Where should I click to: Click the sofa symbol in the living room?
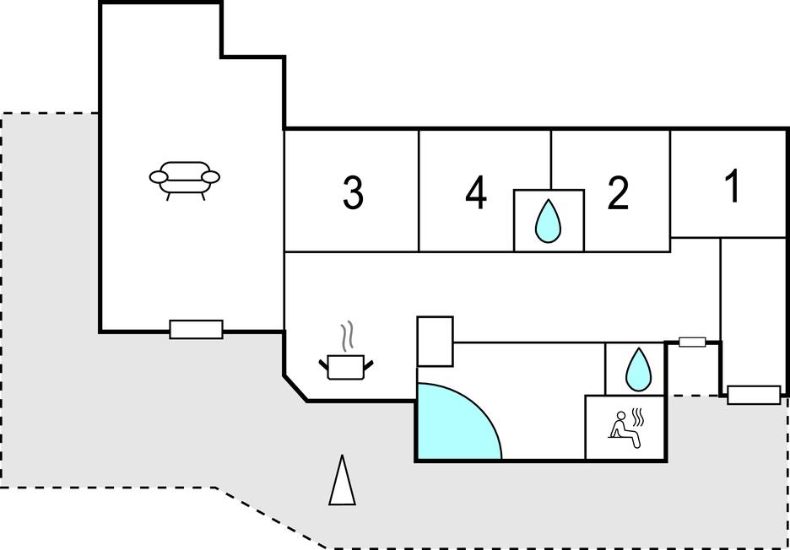184,178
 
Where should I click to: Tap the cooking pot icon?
346,365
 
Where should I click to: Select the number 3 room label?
353,193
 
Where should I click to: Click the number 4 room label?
476,194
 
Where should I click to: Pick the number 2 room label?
619,194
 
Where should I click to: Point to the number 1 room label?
733,186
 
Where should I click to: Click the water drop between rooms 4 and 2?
549,221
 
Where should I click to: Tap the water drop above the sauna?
636,369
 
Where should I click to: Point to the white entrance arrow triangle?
342,482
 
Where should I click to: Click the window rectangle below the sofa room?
196,329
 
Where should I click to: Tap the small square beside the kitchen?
436,341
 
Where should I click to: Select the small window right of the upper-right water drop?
692,342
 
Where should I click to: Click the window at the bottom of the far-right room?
754,394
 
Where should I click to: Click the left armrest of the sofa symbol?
160,176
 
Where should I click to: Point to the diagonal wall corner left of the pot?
295,389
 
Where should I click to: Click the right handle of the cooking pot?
369,364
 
